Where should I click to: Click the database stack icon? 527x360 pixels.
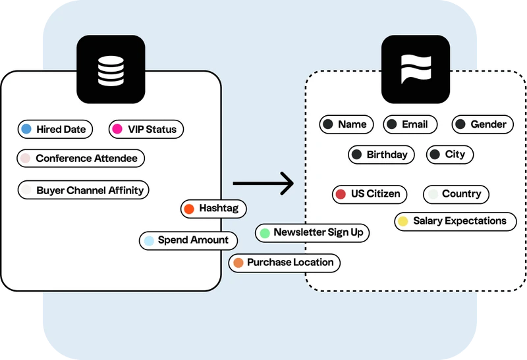pyautogui.click(x=111, y=69)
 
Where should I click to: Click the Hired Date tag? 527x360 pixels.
pyautogui.click(x=55, y=129)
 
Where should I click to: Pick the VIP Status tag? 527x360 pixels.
pyautogui.click(x=146, y=129)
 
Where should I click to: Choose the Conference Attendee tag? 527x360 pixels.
pyautogui.click(x=80, y=158)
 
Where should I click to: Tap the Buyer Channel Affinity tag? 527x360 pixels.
pyautogui.click(x=84, y=190)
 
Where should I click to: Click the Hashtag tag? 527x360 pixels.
pyautogui.click(x=213, y=209)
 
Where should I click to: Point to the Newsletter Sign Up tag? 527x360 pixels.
pyautogui.click(x=312, y=232)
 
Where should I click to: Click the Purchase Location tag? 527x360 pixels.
pyautogui.click(x=285, y=263)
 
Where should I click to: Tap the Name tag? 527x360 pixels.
pyautogui.click(x=347, y=124)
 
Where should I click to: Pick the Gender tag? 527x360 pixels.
pyautogui.click(x=482, y=124)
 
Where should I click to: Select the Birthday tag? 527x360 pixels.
pyautogui.click(x=381, y=155)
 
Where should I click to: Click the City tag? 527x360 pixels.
pyautogui.click(x=449, y=155)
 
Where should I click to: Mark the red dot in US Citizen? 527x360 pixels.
pyautogui.click(x=341, y=194)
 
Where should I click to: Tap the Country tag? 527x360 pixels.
pyautogui.click(x=456, y=194)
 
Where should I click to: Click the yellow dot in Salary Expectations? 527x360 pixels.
pyautogui.click(x=402, y=221)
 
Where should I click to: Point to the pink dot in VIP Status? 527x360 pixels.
pyautogui.click(x=117, y=129)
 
